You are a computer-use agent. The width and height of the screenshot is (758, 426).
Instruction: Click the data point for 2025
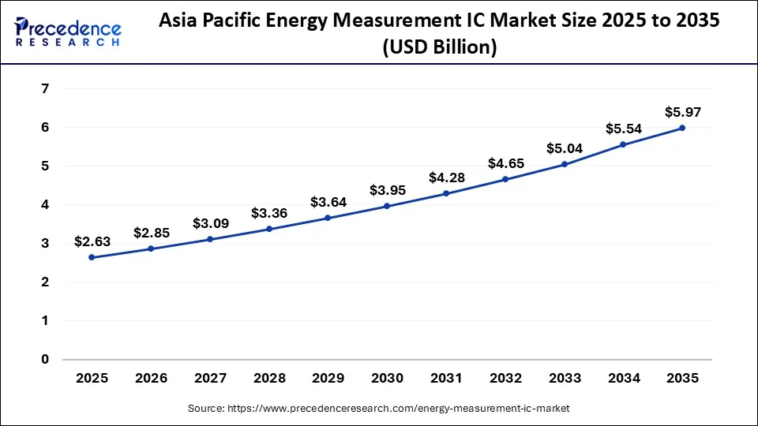tap(92, 257)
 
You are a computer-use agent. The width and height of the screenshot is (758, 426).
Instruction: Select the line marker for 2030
tap(387, 206)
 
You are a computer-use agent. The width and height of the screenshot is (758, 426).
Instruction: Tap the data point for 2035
tap(682, 128)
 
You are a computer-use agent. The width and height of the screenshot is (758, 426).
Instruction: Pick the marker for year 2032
tap(505, 179)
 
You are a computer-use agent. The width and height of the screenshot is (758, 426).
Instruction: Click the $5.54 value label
tap(623, 128)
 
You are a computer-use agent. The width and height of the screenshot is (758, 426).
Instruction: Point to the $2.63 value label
tap(92, 241)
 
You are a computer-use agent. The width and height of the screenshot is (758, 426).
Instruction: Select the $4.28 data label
tap(446, 177)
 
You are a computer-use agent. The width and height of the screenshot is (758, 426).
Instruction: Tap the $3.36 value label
tap(269, 213)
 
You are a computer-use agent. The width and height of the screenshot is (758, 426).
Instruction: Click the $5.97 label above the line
tap(682, 112)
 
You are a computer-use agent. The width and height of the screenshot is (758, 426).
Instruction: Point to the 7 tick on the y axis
tap(45, 89)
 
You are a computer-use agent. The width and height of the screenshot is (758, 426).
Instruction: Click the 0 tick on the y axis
tap(45, 360)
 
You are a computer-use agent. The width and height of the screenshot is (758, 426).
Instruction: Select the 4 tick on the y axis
tap(45, 205)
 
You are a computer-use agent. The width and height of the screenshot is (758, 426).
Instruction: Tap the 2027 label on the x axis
tap(210, 379)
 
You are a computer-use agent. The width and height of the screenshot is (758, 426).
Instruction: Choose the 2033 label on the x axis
tap(565, 379)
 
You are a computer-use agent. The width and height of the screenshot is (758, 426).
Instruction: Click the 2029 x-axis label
tap(328, 379)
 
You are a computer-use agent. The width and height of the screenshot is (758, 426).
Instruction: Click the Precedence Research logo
tap(68, 32)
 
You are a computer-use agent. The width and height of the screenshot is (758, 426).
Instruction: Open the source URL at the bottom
tap(378, 409)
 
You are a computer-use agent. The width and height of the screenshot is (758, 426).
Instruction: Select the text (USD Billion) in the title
tap(439, 47)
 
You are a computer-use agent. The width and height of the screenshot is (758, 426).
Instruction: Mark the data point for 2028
tap(269, 229)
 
